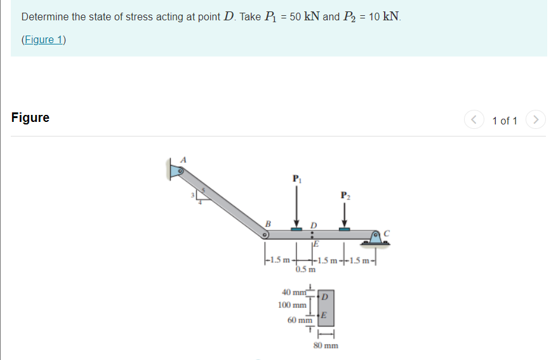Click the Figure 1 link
click(x=44, y=39)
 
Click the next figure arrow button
click(x=536, y=119)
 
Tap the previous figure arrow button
click(x=472, y=119)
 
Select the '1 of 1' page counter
click(x=505, y=120)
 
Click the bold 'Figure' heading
click(x=30, y=118)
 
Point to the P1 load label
click(x=296, y=178)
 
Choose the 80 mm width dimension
click(x=326, y=345)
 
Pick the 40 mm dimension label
click(x=292, y=292)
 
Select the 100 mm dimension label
click(x=292, y=305)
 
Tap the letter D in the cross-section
click(x=325, y=297)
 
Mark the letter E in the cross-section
click(x=324, y=316)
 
